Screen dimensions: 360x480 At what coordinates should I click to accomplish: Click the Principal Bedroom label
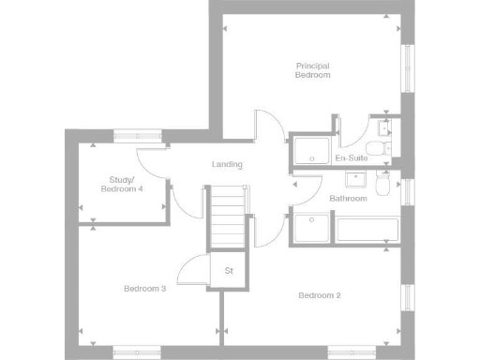click(x=313, y=70)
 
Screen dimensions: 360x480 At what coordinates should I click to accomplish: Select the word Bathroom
click(x=347, y=198)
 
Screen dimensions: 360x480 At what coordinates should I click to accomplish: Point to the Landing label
click(x=227, y=165)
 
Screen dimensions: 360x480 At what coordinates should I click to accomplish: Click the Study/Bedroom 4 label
click(x=122, y=184)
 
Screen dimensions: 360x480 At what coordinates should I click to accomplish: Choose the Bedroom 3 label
click(x=145, y=289)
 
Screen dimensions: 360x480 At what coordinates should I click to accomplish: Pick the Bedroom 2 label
click(x=320, y=296)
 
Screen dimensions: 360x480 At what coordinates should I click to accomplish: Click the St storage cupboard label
click(x=228, y=272)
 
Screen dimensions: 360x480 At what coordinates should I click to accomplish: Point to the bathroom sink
click(x=356, y=179)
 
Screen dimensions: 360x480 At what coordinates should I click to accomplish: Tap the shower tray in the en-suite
click(x=312, y=150)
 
